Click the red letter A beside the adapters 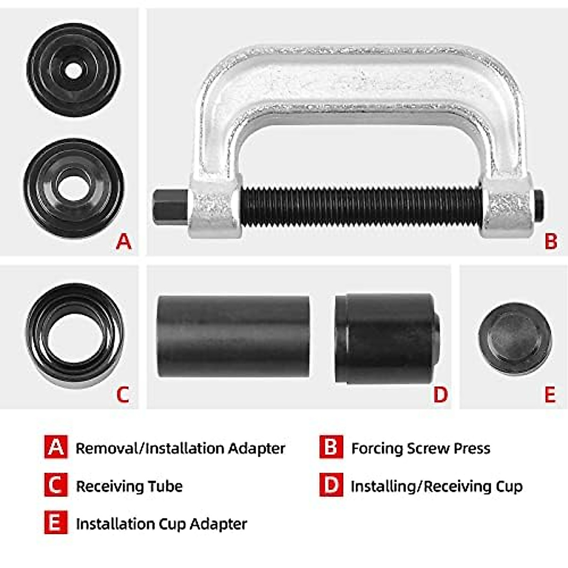click(x=124, y=241)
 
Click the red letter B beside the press click(x=551, y=241)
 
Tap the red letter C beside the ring click(x=123, y=394)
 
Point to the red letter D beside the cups click(x=440, y=394)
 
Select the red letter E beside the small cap click(x=550, y=394)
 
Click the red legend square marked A click(x=56, y=447)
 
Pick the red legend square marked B click(x=331, y=447)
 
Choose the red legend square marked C click(x=56, y=485)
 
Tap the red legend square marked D click(x=331, y=485)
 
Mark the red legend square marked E click(x=56, y=523)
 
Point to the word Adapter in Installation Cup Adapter click(x=218, y=524)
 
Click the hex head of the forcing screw click(x=169, y=206)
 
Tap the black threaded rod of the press click(x=360, y=206)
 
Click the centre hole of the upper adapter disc click(x=73, y=71)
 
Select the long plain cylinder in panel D click(x=233, y=336)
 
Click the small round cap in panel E click(x=515, y=338)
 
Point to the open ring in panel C click(x=75, y=335)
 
